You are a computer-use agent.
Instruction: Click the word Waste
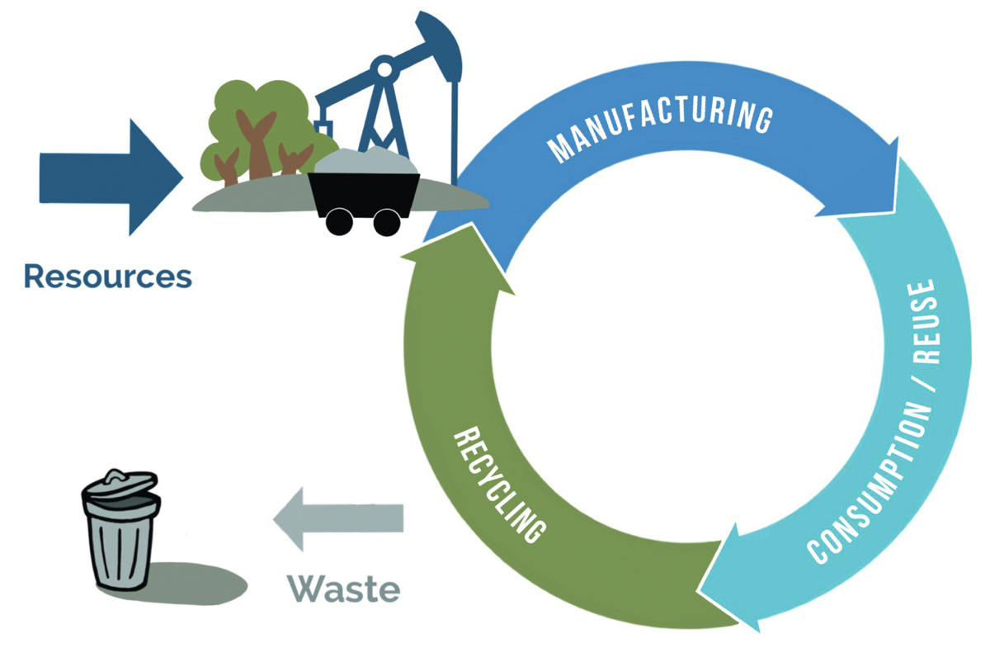343,589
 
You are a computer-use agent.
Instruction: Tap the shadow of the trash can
198,582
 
